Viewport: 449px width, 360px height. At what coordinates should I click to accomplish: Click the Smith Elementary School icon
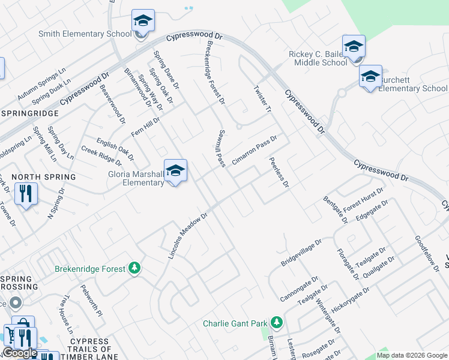pyautogui.click(x=143, y=22)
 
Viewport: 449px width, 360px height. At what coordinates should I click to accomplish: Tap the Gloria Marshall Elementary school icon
pyautogui.click(x=175, y=172)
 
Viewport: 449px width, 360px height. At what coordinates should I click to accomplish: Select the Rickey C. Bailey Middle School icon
pyautogui.click(x=354, y=47)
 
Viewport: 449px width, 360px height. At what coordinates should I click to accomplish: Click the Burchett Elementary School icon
pyautogui.click(x=370, y=77)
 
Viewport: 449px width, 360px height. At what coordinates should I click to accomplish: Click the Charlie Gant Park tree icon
pyautogui.click(x=276, y=323)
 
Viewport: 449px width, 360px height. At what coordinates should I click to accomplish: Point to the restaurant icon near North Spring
pyautogui.click(x=25, y=194)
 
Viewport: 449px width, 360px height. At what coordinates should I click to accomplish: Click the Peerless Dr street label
pyautogui.click(x=280, y=172)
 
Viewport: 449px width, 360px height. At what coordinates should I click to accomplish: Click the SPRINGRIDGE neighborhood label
pyautogui.click(x=30, y=113)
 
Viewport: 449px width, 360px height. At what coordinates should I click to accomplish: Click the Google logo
pyautogui.click(x=20, y=353)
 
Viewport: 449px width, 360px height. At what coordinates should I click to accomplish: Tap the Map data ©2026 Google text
pyautogui.click(x=412, y=355)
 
